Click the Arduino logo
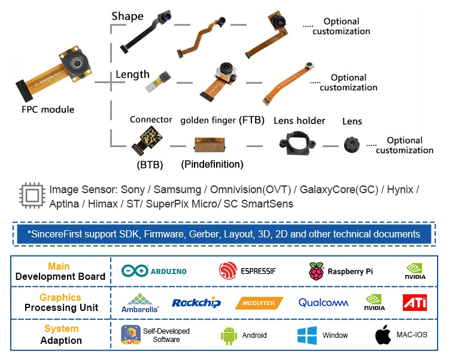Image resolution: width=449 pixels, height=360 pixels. pyautogui.click(x=154, y=271)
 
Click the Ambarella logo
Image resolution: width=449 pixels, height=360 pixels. pyautogui.click(x=140, y=303)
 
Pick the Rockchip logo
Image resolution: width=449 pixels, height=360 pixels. pyautogui.click(x=196, y=303)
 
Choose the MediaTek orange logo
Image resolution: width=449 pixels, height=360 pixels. pyautogui.click(x=259, y=303)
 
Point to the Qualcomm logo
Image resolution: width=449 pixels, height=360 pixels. pyautogui.click(x=323, y=303)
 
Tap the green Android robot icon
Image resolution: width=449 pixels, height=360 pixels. pyautogui.click(x=228, y=335)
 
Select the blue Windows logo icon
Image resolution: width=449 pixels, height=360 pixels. pyautogui.click(x=307, y=335)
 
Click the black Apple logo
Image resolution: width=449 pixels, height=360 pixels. pyautogui.click(x=383, y=335)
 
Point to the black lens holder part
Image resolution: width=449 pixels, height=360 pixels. pyautogui.click(x=294, y=144)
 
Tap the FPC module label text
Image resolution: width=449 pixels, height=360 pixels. pyautogui.click(x=48, y=109)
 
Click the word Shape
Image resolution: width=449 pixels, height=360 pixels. pyautogui.click(x=128, y=16)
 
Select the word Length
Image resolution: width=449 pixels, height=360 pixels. pyautogui.click(x=132, y=74)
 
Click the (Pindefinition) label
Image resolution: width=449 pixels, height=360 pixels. pyautogui.click(x=212, y=163)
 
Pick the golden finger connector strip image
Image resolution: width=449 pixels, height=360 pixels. pyautogui.click(x=211, y=144)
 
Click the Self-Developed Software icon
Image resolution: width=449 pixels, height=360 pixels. pyautogui.click(x=131, y=335)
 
